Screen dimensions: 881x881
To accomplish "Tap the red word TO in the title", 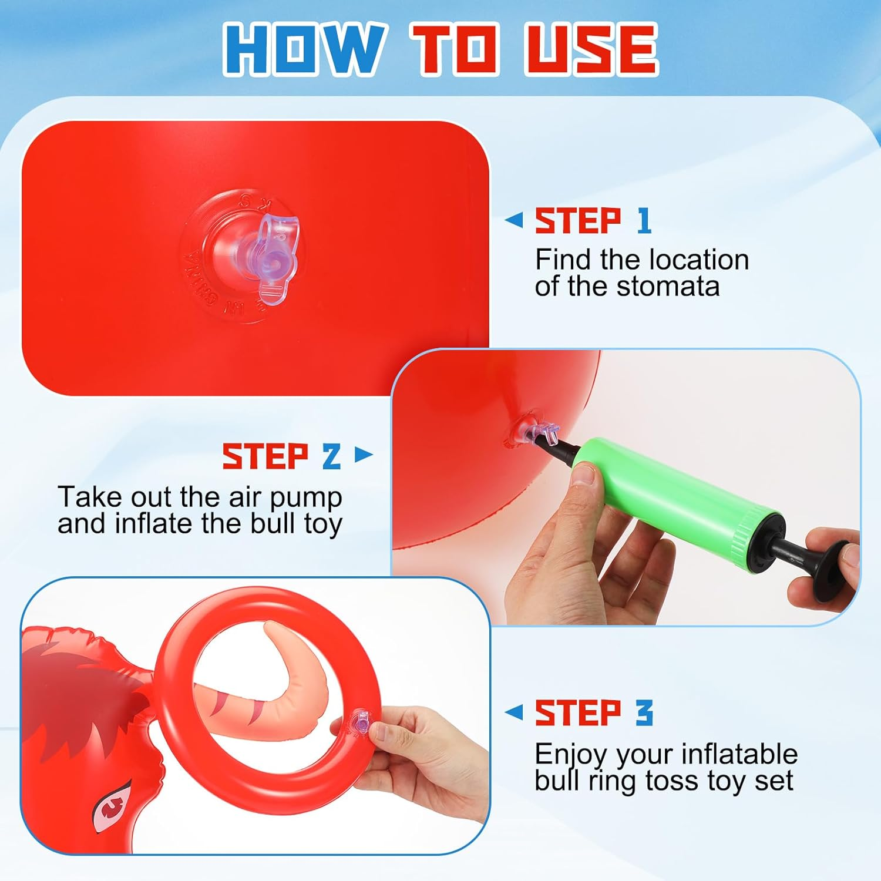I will pos(455,49).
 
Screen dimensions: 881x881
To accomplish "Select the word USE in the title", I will pos(590,49).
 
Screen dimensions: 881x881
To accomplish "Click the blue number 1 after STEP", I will pos(644,221).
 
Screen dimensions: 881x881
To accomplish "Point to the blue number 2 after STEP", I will pos(332,456).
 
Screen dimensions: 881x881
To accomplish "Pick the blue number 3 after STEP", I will pos(644,713).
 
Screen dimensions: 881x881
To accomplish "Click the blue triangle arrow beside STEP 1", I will pos(514,220).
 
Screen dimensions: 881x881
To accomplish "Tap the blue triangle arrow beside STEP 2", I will pos(364,454).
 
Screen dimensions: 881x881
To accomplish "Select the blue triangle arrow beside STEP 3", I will pos(514,712).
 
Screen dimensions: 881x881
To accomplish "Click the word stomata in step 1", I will pos(668,287).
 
